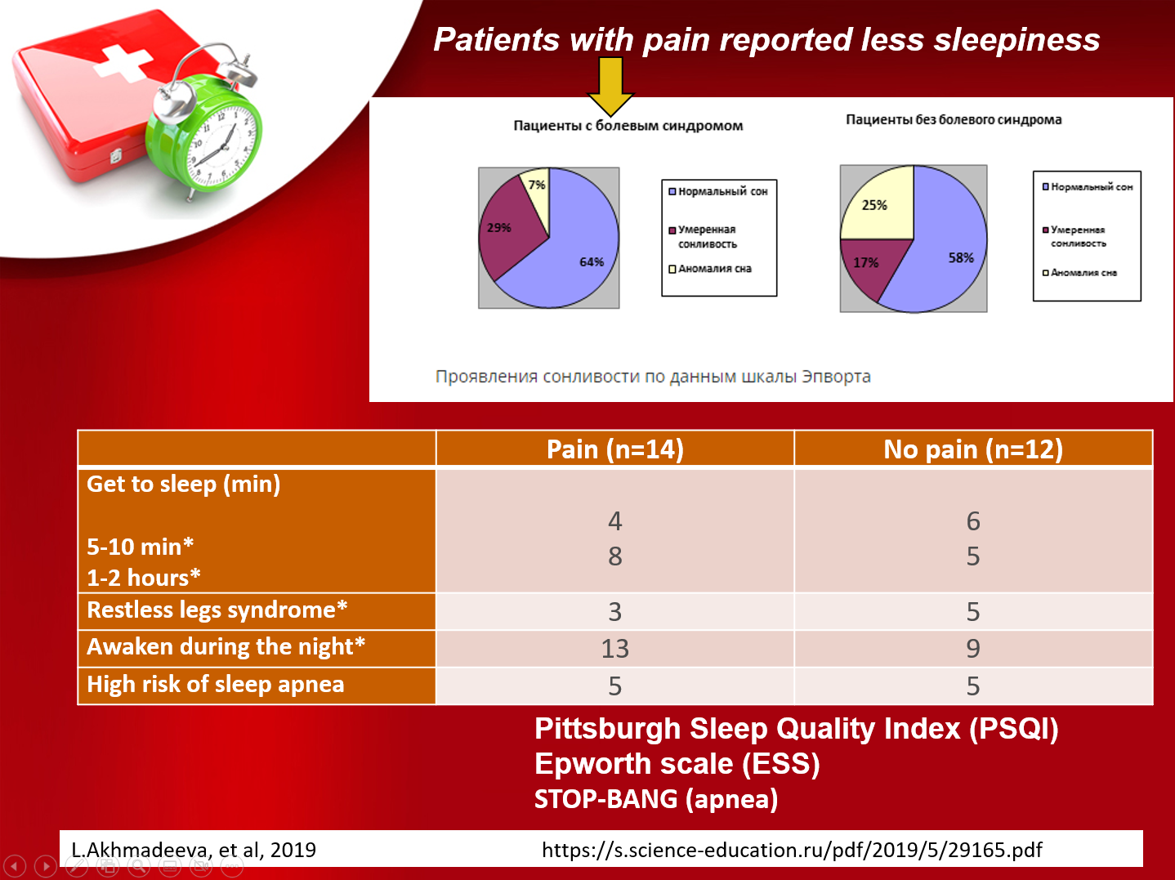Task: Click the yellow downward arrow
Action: coord(610,86)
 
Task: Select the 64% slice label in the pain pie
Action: coord(592,261)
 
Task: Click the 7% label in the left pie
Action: coord(536,185)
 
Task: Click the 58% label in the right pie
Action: coord(961,258)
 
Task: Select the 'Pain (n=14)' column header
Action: coord(615,449)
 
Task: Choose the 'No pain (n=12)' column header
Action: coord(973,449)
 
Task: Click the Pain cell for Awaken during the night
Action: coord(615,648)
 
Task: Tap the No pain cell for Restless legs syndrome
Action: coord(973,611)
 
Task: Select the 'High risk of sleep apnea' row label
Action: coord(215,684)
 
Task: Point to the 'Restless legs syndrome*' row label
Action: coord(217,610)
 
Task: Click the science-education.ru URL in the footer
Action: coord(792,850)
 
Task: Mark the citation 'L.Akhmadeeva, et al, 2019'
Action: coord(194,850)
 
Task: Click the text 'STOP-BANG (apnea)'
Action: coord(656,798)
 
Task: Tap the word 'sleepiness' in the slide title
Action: coord(1016,39)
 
